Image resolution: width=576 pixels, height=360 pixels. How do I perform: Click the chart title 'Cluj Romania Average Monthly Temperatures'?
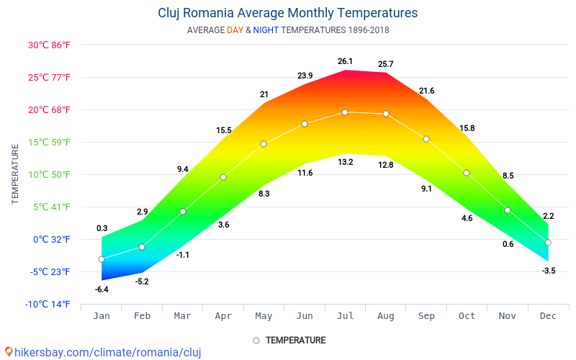tap(287, 13)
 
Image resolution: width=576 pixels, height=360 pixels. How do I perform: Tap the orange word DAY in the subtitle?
tap(235, 30)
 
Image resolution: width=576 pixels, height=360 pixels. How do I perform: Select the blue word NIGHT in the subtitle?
tap(266, 30)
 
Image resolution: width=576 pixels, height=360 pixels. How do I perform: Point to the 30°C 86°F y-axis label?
tap(49, 45)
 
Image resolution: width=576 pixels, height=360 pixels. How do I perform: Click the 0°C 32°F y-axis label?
tap(51, 240)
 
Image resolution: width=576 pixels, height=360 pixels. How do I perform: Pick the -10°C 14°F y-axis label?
tap(48, 304)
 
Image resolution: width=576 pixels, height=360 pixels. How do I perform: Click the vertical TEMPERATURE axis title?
tap(14, 174)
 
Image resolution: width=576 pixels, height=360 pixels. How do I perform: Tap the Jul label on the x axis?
tap(346, 316)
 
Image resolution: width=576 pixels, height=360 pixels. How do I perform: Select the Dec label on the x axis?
tap(548, 316)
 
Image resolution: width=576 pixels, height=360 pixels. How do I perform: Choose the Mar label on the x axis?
tap(183, 316)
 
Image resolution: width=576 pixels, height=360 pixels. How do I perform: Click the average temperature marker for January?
tap(102, 259)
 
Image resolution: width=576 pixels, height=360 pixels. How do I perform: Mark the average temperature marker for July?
tap(345, 112)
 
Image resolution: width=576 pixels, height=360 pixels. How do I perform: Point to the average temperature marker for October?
tap(467, 173)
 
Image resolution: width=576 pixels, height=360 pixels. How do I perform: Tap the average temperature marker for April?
tap(223, 177)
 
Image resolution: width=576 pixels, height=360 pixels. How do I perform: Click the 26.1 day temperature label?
tap(346, 61)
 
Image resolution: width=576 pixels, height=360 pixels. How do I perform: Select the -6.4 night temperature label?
tap(102, 289)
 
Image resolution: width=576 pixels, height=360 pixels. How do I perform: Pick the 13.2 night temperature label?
tap(346, 162)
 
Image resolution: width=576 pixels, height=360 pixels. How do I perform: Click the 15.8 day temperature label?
tap(467, 128)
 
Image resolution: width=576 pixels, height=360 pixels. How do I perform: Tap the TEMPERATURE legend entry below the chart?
tap(289, 341)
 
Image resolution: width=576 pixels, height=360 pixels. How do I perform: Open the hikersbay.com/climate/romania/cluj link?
tap(103, 352)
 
